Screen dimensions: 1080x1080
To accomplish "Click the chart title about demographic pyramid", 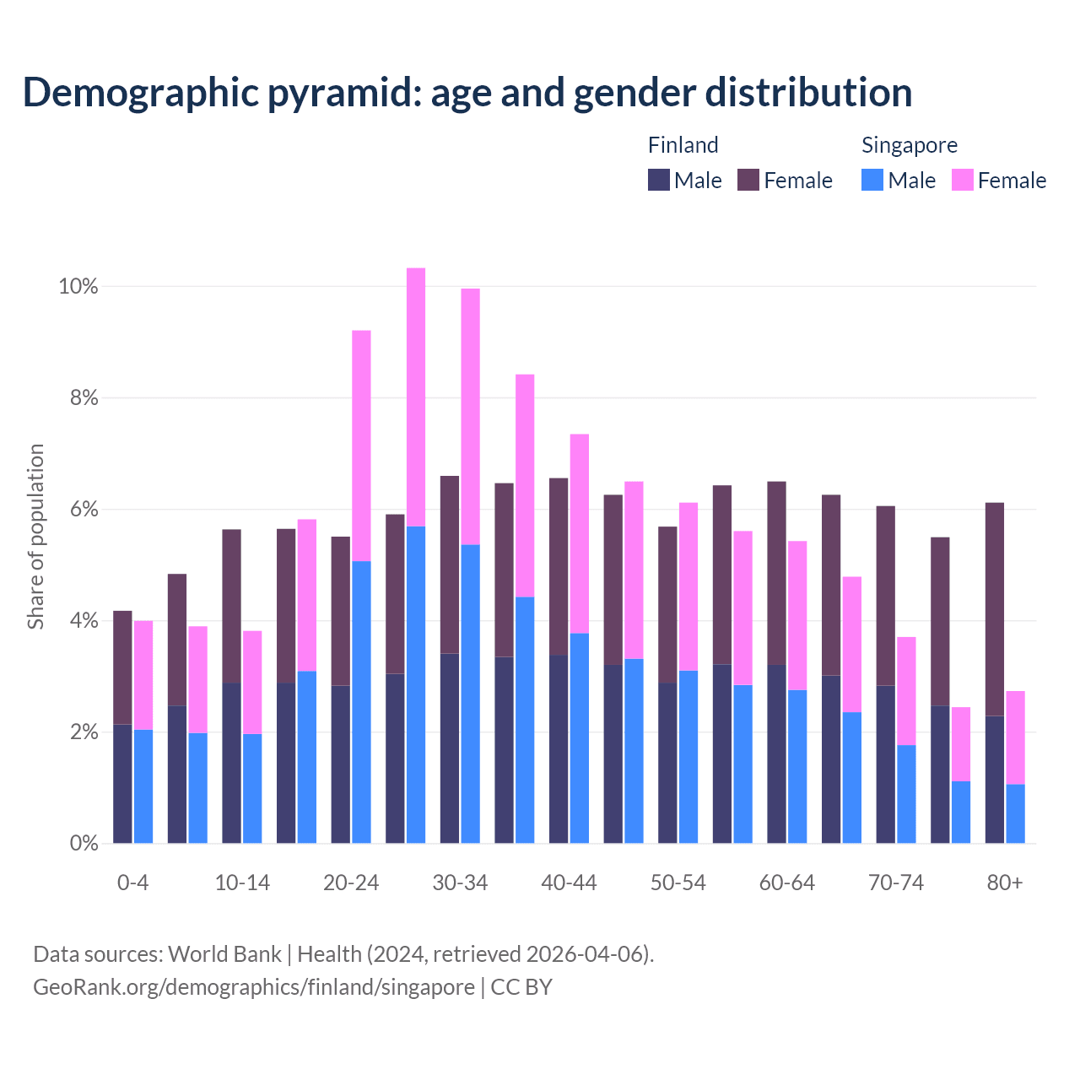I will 467,93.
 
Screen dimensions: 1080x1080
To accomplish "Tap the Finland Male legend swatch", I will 659,180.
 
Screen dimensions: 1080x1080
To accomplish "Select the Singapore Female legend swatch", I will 962,180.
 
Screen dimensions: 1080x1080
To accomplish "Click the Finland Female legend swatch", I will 748,180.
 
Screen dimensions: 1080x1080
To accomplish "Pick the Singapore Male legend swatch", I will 872,180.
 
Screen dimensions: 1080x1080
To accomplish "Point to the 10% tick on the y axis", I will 78,287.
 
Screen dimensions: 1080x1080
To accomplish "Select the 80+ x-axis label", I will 1005,883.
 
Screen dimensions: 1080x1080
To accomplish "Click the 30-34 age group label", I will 460,883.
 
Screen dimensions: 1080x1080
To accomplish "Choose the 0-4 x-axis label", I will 132,883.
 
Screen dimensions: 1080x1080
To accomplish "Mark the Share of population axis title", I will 36,537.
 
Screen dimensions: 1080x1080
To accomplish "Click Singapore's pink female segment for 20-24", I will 361,445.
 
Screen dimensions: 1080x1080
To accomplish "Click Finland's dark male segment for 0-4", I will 122,783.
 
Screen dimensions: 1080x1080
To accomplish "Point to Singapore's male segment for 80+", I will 1015,813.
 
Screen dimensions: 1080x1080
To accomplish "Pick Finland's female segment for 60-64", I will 776,573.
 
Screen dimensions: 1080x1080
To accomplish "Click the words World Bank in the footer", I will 224,954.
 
